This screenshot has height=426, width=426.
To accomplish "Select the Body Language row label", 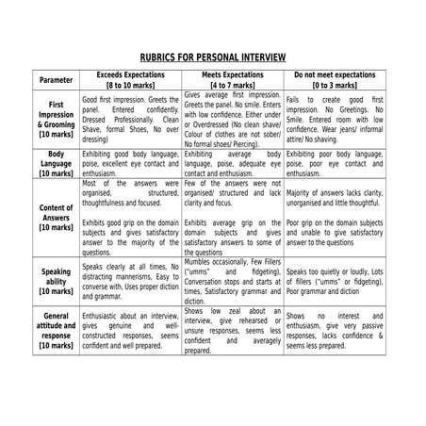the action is (x=56, y=163).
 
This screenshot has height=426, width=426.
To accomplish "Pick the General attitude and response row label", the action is (x=56, y=330).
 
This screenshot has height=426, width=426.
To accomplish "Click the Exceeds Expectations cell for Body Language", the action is (x=130, y=163).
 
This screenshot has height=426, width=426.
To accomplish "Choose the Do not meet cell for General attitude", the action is (x=334, y=330).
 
